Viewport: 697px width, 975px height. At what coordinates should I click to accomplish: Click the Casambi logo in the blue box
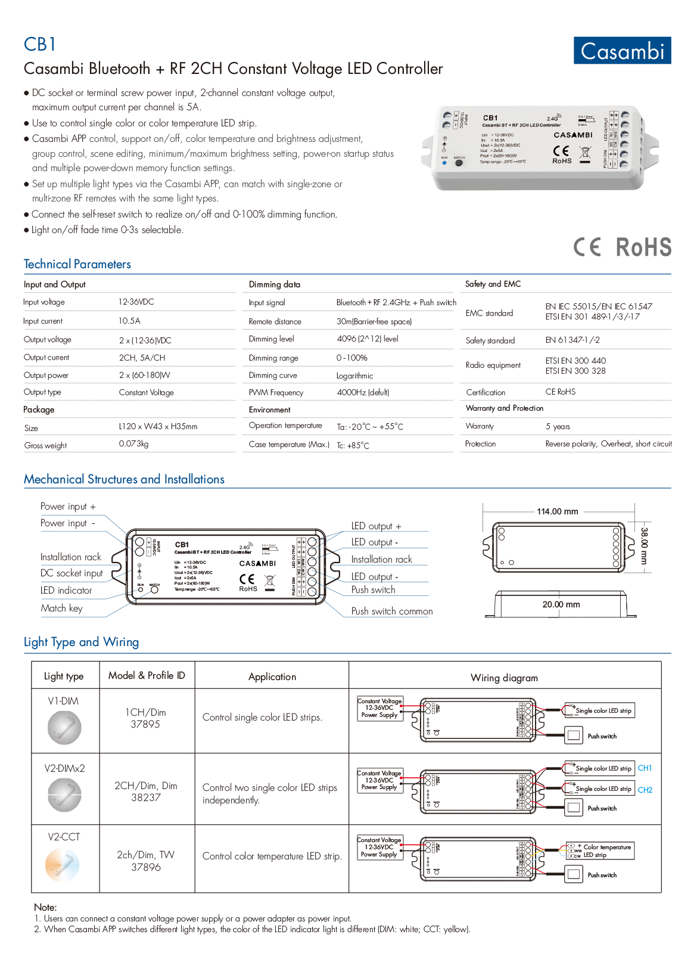pos(622,51)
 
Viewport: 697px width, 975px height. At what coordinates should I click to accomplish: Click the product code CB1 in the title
pos(39,45)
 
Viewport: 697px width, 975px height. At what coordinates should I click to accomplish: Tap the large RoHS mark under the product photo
pos(643,247)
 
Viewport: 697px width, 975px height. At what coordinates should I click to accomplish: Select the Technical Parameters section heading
pos(77,264)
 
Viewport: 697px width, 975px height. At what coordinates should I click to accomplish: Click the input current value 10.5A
pos(129,321)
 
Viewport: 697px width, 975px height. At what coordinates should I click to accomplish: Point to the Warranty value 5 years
pos(558,426)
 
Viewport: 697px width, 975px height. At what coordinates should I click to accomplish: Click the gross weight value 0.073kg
pos(133,444)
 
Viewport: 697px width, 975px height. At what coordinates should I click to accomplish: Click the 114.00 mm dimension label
pos(557,511)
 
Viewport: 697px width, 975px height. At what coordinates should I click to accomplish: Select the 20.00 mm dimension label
pos(561,604)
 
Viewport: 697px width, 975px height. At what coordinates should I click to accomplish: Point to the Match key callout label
pos(61,608)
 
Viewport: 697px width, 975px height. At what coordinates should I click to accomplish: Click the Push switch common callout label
pos(391,611)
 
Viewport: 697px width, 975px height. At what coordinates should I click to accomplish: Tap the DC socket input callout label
pos(71,573)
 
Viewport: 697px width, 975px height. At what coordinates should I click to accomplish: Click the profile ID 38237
pos(146,797)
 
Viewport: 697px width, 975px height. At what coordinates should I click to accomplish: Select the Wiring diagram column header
pos(504,678)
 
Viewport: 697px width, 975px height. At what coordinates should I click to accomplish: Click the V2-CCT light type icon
pos(63,865)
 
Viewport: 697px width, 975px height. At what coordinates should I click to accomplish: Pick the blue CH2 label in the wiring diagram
pos(645,790)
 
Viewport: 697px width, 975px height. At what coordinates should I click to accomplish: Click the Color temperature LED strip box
pos(600,851)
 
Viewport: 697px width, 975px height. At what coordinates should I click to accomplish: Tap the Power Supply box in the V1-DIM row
pos(379,708)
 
